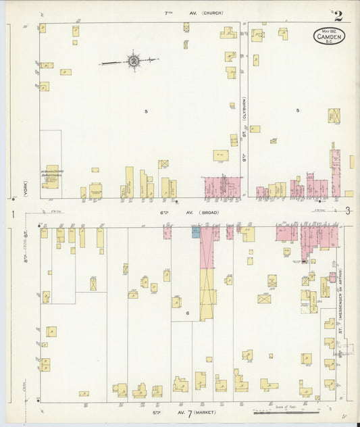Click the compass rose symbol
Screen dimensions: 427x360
pyautogui.click(x=134, y=61)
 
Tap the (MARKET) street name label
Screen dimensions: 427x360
pyautogui.click(x=207, y=411)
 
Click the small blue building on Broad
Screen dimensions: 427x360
pyautogui.click(x=196, y=232)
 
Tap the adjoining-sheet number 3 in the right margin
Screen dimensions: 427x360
pyautogui.click(x=347, y=211)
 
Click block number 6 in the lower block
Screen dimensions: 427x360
pyautogui.click(x=188, y=314)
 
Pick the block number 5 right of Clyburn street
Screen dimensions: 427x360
pyautogui.click(x=297, y=110)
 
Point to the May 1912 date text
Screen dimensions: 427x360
pyautogui.click(x=329, y=31)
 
